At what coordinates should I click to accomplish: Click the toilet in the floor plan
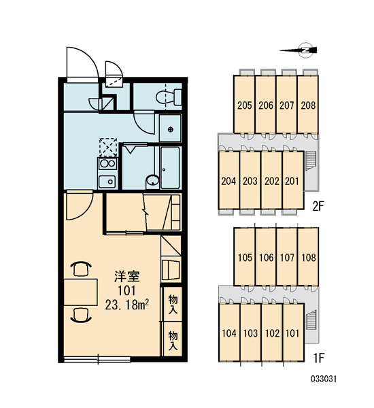169,97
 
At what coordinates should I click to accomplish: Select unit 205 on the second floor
244,104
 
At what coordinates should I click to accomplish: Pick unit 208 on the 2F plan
308,104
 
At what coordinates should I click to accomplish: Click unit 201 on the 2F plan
292,180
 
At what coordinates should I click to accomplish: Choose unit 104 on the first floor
229,333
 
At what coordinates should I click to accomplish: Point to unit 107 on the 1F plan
287,256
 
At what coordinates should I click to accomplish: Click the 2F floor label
318,207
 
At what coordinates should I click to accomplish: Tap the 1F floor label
318,358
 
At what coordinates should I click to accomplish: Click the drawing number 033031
324,379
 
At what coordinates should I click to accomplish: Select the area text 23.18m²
127,305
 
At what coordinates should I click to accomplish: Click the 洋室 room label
127,276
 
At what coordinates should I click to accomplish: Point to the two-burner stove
107,164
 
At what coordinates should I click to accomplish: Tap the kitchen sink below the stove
107,181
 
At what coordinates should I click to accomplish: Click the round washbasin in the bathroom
152,180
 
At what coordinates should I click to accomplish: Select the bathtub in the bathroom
170,167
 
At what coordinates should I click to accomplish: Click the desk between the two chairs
81,292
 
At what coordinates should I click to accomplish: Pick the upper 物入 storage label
173,304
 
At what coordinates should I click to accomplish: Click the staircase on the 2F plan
310,161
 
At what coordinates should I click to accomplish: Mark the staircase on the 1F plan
311,320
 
